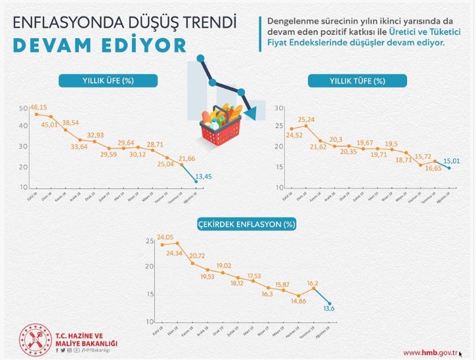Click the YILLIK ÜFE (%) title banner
coord(108,81)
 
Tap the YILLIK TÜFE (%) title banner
coord(358,81)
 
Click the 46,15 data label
coord(39,106)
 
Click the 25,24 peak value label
coord(307,120)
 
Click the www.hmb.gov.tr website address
coord(430,353)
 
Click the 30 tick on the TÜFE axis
coord(278,106)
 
